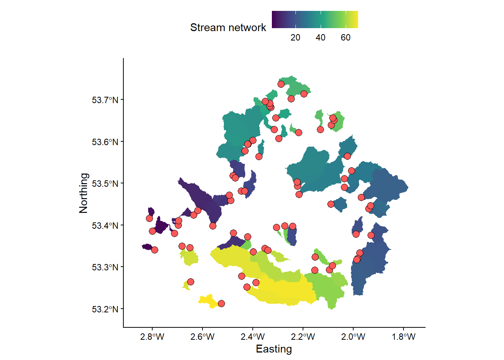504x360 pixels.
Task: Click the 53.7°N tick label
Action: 105,100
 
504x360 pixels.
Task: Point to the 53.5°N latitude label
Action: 105,184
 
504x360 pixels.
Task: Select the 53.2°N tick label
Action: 105,309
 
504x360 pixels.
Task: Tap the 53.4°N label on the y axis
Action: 105,226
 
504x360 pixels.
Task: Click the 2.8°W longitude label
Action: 152,337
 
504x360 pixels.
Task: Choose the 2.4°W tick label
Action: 252,337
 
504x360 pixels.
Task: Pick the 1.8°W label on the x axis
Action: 403,337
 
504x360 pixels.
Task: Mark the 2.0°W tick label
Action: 353,337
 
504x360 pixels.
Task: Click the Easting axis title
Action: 274,349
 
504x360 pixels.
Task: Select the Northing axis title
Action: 83,193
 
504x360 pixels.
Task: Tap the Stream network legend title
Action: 228,27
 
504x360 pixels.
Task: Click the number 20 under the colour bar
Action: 295,37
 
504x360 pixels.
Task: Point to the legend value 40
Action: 320,37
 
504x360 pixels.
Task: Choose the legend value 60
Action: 345,37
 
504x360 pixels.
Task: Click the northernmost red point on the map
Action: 281,84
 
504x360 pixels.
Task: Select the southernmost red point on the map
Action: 221,303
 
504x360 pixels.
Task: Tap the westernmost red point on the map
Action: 149,219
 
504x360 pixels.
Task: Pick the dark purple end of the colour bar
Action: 274,19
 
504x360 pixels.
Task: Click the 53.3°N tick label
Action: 105,267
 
